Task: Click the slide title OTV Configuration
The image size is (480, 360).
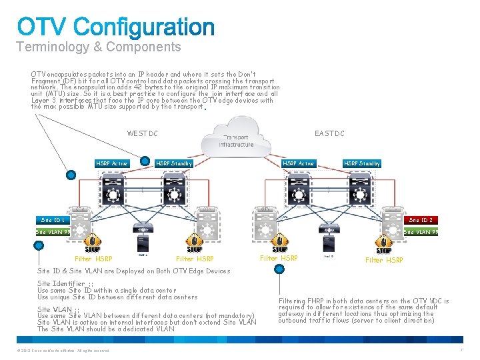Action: point(116,27)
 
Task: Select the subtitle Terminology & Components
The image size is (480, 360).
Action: point(99,47)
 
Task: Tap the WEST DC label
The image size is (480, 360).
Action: point(143,133)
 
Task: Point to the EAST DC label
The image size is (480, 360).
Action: point(330,133)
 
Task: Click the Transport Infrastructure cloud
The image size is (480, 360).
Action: point(237,137)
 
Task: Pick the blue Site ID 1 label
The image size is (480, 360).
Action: point(52,219)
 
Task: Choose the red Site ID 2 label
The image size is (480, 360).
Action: point(421,219)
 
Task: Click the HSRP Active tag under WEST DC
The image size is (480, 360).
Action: point(111,163)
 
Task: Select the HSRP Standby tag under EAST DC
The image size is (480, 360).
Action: point(362,163)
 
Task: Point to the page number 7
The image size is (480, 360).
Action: point(461,350)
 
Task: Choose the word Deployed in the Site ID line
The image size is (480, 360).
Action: point(137,271)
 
